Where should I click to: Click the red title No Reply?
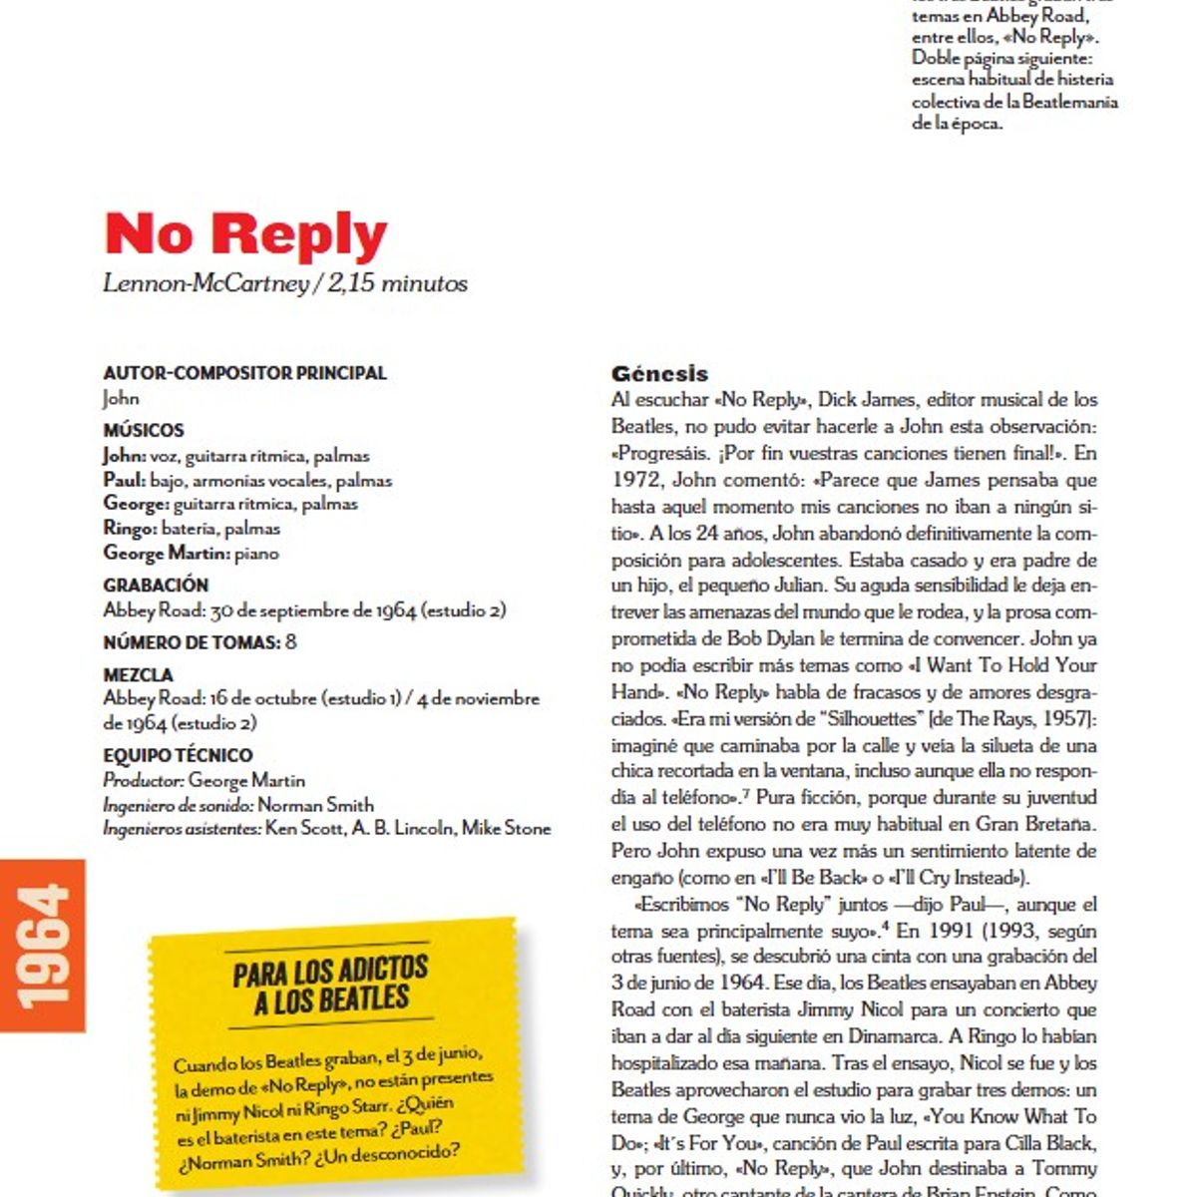coord(245,234)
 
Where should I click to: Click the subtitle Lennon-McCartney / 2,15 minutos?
coord(285,283)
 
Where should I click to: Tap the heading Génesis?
coord(659,374)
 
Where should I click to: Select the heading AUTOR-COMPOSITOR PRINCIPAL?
coord(244,373)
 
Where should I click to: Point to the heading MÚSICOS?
coord(144,430)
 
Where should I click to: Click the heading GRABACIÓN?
coord(156,585)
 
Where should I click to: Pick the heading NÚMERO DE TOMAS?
coord(191,642)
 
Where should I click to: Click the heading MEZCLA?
coord(138,674)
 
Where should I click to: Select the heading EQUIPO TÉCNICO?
coord(178,755)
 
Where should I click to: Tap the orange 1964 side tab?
coord(43,945)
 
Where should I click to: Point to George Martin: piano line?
coord(191,553)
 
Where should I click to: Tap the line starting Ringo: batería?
coord(191,528)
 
